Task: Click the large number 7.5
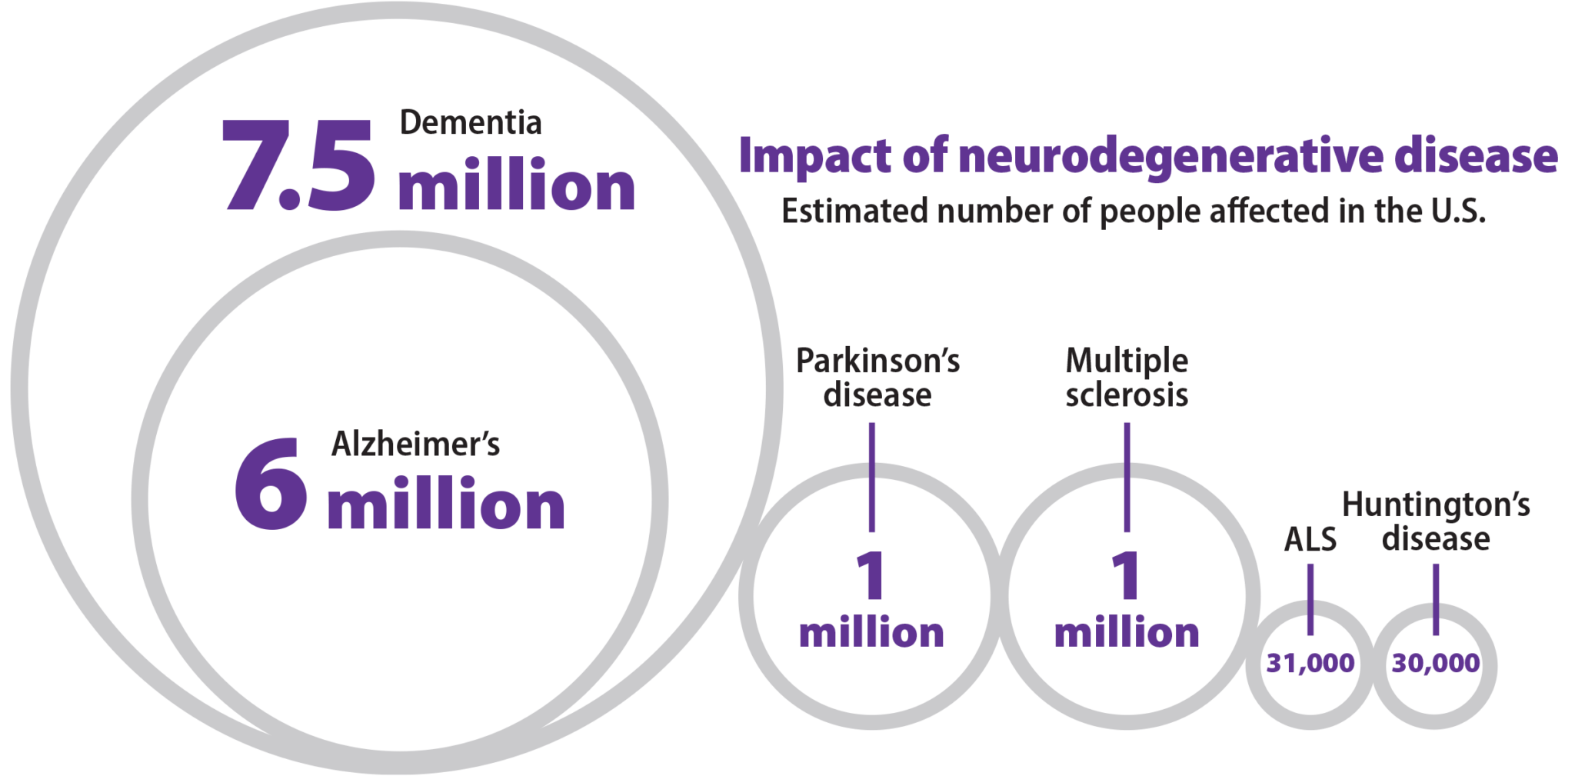[298, 165]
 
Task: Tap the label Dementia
[471, 123]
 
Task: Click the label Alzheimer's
[415, 445]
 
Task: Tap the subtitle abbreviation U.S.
[1457, 211]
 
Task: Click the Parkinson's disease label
[877, 378]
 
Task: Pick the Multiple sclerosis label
[1127, 378]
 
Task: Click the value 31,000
[1310, 663]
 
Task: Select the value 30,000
[1435, 663]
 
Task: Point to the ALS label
[1310, 539]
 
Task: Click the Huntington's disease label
[1436, 521]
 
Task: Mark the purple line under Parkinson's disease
[871, 477]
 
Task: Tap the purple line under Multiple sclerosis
[1127, 477]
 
